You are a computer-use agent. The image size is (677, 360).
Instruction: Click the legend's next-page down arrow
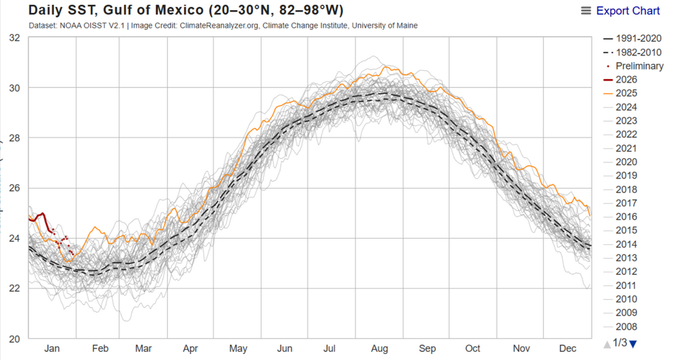click(x=633, y=344)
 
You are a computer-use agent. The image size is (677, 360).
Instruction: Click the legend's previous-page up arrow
click(x=606, y=344)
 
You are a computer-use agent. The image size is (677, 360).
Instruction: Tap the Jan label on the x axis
click(x=52, y=348)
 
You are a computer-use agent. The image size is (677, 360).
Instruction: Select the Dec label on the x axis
click(x=568, y=348)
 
